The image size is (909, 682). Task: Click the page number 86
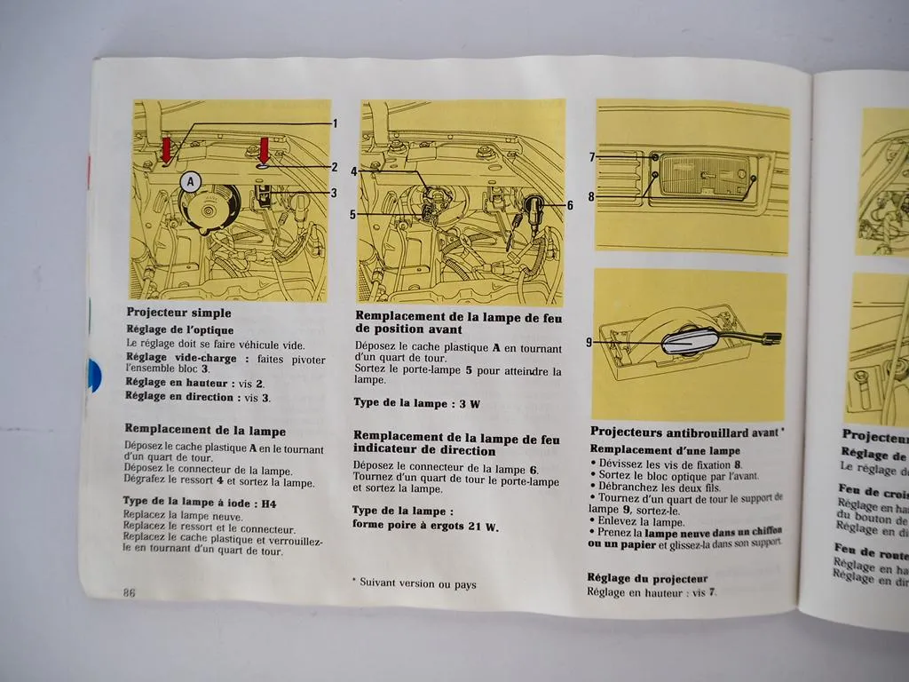pos(129,593)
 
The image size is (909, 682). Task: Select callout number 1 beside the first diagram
pos(335,123)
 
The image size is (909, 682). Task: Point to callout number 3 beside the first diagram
pos(333,193)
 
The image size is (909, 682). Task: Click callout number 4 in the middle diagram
pos(353,170)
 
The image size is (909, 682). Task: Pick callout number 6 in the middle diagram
pos(569,205)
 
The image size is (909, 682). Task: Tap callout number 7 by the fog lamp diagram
pos(591,157)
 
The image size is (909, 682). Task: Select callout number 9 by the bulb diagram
pos(589,341)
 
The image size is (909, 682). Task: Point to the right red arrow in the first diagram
pos(264,150)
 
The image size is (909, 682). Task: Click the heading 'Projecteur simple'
pos(178,313)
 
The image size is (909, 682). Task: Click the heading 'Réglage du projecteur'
pos(647,578)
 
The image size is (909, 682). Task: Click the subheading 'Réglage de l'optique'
pos(180,330)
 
